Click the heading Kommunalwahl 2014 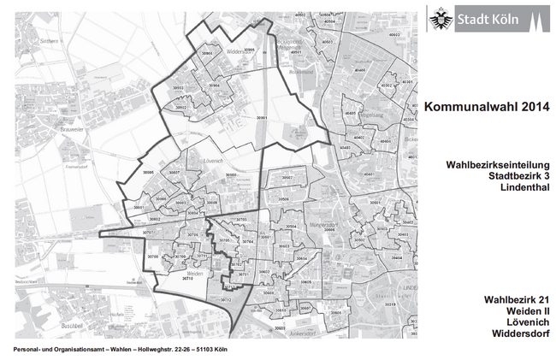click(x=482, y=107)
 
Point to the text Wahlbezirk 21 click(x=515, y=299)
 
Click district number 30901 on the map click(x=261, y=117)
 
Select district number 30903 click(x=179, y=88)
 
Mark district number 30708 click(x=152, y=257)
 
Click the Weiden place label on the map click(x=194, y=272)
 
